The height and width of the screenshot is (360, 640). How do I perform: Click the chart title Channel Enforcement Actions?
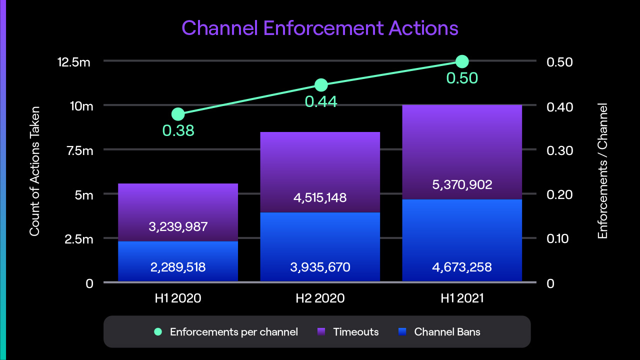point(320,28)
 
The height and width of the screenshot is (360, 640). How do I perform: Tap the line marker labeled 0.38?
point(178,114)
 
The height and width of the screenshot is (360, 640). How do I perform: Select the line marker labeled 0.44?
point(321,85)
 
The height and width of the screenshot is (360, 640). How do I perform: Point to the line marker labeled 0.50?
point(462,61)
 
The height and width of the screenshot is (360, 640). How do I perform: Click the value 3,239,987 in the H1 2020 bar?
point(178,227)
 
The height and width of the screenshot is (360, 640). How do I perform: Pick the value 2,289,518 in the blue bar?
point(178,267)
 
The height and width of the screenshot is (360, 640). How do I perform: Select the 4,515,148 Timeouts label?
point(320,197)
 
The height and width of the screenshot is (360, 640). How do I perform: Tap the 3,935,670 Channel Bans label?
point(320,267)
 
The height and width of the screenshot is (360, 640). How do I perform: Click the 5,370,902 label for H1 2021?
point(462,184)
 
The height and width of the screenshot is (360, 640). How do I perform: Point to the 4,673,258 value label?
point(462,267)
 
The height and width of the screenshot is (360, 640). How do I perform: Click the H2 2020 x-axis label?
point(320,298)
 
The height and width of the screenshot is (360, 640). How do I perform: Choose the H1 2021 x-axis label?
point(462,298)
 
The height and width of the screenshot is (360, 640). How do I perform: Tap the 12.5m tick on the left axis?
point(74,62)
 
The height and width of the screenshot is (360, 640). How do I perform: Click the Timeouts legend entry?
point(355,331)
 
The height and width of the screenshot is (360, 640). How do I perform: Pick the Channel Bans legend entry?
point(446,331)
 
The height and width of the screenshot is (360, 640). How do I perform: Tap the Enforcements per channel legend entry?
point(233,331)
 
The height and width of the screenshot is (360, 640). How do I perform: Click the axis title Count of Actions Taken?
point(34,171)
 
